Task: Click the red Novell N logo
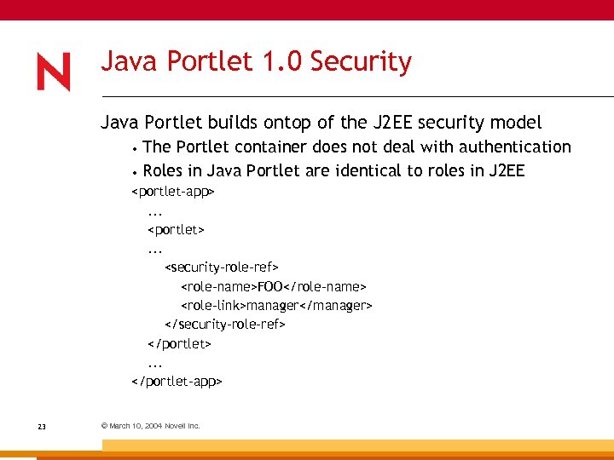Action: click(x=53, y=72)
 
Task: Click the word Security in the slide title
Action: click(x=361, y=62)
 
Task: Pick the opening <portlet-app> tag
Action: click(x=172, y=192)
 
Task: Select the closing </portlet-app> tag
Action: click(x=177, y=382)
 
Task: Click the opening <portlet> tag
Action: click(x=177, y=230)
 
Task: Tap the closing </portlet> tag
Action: click(x=179, y=344)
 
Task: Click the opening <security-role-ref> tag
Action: click(x=222, y=268)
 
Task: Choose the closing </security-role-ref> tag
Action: click(x=224, y=325)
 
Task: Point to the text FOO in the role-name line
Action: click(x=269, y=287)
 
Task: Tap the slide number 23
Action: click(x=42, y=426)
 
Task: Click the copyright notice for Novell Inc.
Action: click(x=150, y=426)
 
